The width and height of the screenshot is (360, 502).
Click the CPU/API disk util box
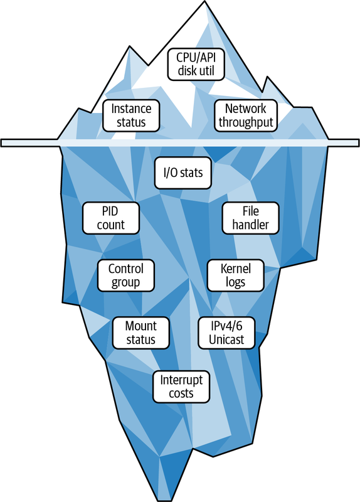click(196, 64)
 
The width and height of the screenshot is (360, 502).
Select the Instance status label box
click(131, 115)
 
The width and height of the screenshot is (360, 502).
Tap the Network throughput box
click(246, 115)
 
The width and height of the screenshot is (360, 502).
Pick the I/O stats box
click(183, 173)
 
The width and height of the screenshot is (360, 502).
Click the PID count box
click(111, 218)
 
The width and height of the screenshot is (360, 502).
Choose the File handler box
click(251, 218)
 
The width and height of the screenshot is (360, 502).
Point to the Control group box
click(126, 275)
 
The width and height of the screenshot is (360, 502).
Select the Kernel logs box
click(236, 275)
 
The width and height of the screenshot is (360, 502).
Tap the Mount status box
click(140, 333)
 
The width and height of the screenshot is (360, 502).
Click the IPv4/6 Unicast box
click(226, 333)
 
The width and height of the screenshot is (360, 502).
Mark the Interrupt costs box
click(181, 387)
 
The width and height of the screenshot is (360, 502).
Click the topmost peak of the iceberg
click(205, 1)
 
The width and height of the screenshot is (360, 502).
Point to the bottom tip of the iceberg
click(166, 500)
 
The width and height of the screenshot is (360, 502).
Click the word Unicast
click(226, 339)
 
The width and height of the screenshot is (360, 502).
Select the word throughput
click(246, 122)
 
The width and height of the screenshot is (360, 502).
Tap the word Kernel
click(236, 269)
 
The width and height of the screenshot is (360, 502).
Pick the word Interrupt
click(181, 380)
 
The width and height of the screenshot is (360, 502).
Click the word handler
click(251, 225)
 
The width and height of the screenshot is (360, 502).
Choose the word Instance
click(131, 109)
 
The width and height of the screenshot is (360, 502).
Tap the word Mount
click(140, 326)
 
